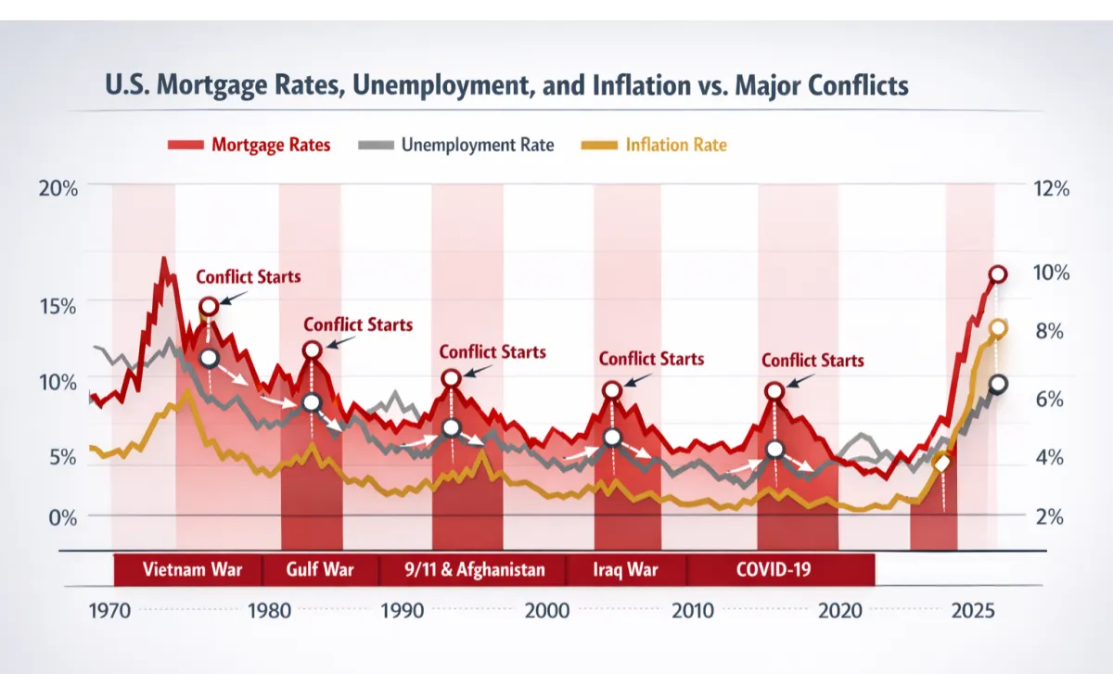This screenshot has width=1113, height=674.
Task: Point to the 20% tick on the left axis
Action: pyautogui.click(x=58, y=188)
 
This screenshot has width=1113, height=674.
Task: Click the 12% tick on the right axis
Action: pyautogui.click(x=1050, y=188)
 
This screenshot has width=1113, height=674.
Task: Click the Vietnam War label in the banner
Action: pyautogui.click(x=192, y=569)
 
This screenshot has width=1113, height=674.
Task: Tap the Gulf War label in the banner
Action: pyautogui.click(x=320, y=569)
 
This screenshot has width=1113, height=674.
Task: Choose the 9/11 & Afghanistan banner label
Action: pyautogui.click(x=474, y=569)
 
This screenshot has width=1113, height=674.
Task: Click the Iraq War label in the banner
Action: pyautogui.click(x=625, y=569)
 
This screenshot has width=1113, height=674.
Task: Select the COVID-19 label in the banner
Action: pyautogui.click(x=773, y=569)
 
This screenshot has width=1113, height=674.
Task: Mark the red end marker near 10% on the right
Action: pyautogui.click(x=997, y=274)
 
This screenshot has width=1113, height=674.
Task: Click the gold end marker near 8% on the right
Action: pyautogui.click(x=998, y=328)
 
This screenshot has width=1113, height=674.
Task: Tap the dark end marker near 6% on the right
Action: pyautogui.click(x=998, y=385)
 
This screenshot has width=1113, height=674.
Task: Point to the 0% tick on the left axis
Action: pyautogui.click(x=64, y=516)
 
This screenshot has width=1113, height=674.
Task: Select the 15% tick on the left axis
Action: pyautogui.click(x=58, y=305)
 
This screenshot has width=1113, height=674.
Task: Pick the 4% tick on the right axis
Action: pyautogui.click(x=1050, y=457)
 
